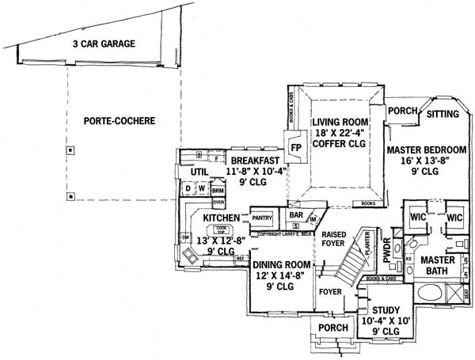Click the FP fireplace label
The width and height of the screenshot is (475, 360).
coord(295,147)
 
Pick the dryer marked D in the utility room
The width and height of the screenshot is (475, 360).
coord(188,189)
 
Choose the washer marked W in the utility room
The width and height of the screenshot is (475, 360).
coord(201,189)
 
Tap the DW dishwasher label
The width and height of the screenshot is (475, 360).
coord(184,237)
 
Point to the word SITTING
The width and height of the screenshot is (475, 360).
coord(443,114)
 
